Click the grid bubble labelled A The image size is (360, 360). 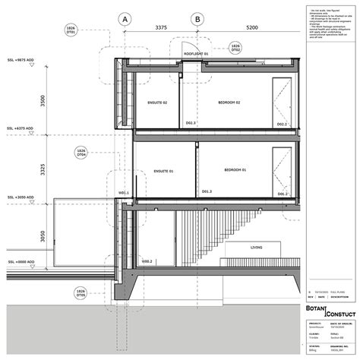coord(126,18)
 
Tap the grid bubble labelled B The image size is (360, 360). coord(197,18)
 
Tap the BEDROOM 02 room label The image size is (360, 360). coord(227,102)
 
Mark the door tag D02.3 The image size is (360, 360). coord(191,122)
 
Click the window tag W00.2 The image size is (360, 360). coord(146,261)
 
